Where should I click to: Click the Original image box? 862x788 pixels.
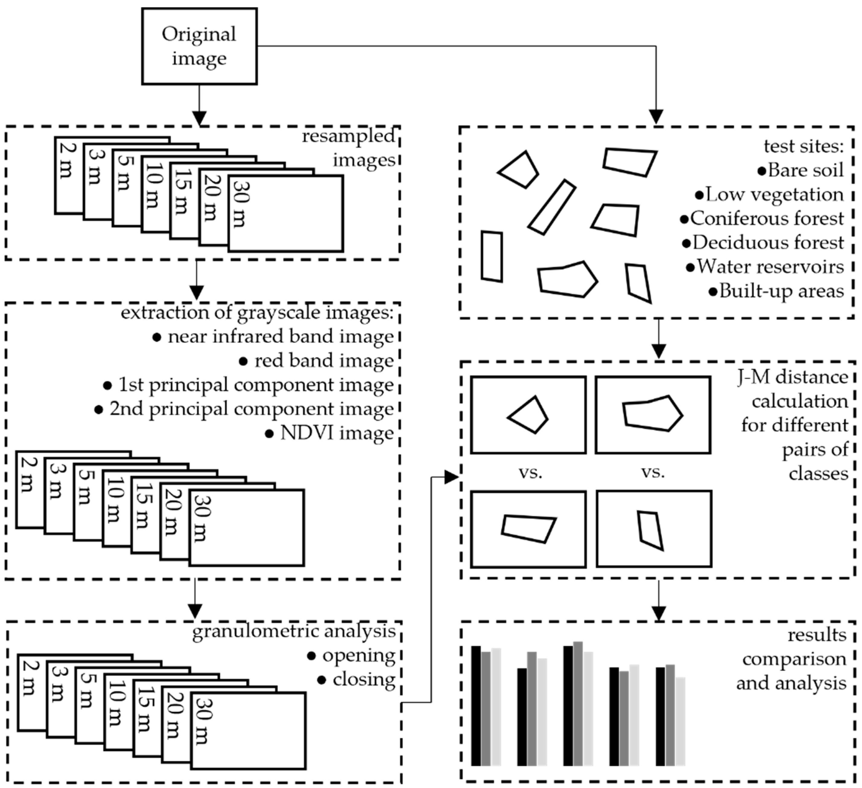tap(199, 46)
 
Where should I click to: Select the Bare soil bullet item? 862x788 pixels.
tap(800, 170)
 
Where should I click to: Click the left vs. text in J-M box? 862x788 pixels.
tap(530, 473)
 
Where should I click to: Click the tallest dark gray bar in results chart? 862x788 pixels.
tap(578, 703)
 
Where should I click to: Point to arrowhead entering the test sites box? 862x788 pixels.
tap(656, 117)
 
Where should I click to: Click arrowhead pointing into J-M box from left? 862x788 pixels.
tap(451, 477)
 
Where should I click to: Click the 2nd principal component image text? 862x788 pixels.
tap(252, 409)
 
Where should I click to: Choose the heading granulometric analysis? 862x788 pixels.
tap(294, 631)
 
